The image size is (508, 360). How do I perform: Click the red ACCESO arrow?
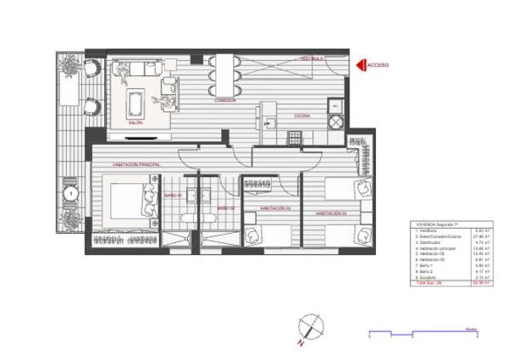(361, 64)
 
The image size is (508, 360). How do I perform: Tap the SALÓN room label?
(135, 123)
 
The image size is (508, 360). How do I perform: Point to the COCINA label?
(301, 115)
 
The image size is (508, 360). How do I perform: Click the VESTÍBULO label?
(312, 58)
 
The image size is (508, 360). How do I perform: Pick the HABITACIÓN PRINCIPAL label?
(136, 163)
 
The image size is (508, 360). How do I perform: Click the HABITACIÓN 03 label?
(332, 214)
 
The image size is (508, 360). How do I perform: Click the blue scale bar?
(423, 332)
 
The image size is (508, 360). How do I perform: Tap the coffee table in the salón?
(135, 102)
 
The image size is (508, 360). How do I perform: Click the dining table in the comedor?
(225, 76)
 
